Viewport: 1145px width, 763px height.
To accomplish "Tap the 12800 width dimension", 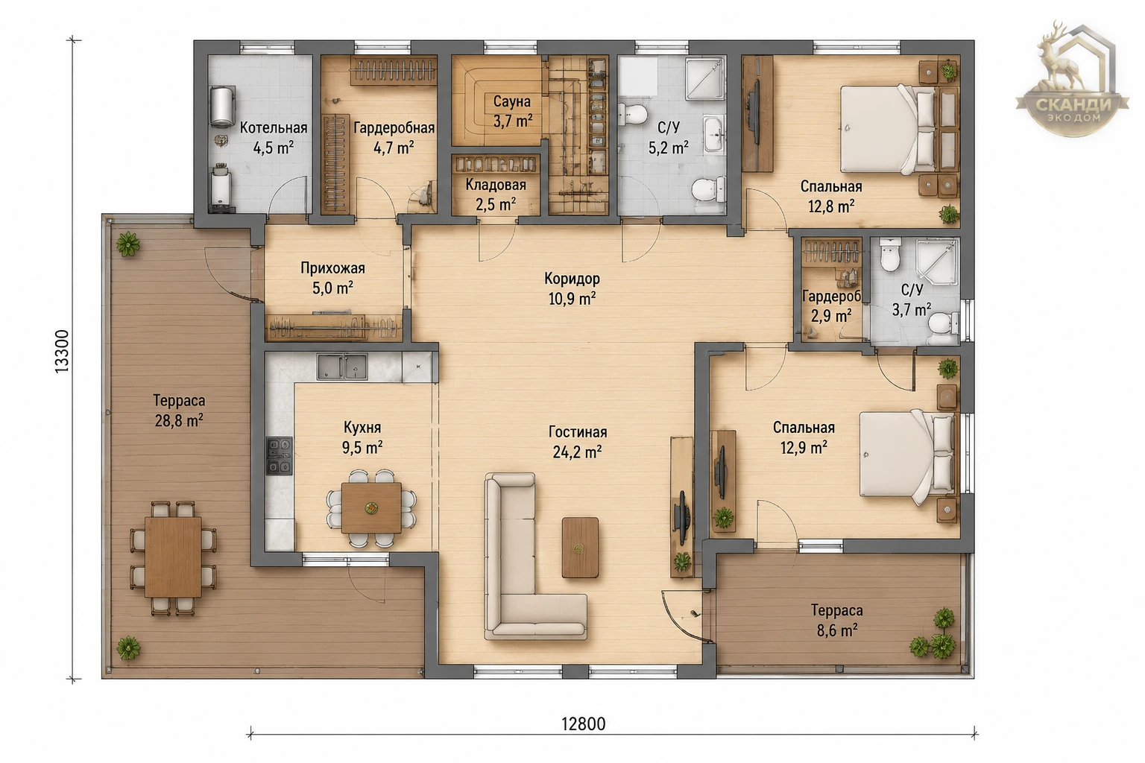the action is click(x=583, y=724).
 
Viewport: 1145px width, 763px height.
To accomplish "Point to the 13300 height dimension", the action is click(x=62, y=351).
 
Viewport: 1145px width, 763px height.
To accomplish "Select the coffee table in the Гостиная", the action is click(x=580, y=548).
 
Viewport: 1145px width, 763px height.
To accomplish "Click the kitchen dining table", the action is click(x=372, y=508).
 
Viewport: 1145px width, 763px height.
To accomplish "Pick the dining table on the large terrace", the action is click(x=173, y=557).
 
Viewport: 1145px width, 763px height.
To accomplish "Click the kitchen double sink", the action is click(x=342, y=367).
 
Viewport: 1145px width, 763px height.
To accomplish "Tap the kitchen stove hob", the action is click(x=279, y=456).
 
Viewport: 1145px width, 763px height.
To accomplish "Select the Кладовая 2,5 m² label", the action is click(x=496, y=194).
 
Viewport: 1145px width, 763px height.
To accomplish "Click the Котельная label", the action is click(x=274, y=127).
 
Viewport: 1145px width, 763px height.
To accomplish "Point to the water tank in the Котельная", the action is click(x=222, y=107).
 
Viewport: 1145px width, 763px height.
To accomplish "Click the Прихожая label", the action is click(x=332, y=268).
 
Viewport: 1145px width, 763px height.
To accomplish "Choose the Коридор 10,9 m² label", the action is click(x=572, y=289).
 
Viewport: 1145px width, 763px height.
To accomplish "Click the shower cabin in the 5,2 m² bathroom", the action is click(x=705, y=79).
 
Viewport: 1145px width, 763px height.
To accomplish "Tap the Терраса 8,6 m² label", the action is click(x=837, y=621).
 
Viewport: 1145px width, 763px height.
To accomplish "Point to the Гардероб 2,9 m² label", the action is click(x=832, y=305).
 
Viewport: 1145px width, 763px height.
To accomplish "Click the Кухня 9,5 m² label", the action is click(x=362, y=437).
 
